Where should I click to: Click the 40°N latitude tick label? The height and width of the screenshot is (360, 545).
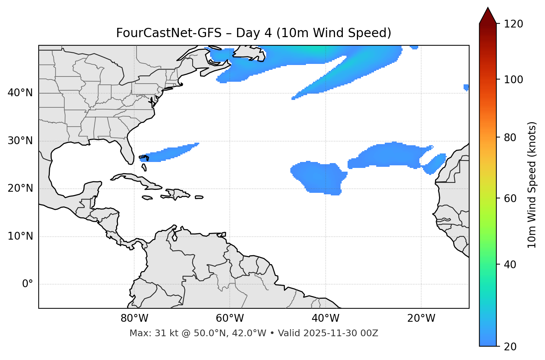click(20, 93)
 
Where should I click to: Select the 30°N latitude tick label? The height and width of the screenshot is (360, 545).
click(20, 141)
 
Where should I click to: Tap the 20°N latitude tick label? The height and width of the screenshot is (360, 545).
click(20, 188)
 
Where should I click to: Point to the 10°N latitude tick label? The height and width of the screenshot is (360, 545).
click(20, 236)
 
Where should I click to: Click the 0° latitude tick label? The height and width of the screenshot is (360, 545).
click(28, 284)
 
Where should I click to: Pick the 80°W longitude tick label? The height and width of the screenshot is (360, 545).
click(134, 318)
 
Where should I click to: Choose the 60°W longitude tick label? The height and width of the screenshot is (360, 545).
click(230, 318)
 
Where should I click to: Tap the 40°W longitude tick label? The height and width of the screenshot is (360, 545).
click(325, 318)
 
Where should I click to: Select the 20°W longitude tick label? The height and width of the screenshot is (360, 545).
click(421, 318)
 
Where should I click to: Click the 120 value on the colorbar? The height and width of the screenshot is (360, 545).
click(513, 24)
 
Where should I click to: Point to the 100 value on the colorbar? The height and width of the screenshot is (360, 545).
click(513, 80)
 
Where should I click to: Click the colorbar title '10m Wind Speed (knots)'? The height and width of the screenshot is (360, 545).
click(532, 185)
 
